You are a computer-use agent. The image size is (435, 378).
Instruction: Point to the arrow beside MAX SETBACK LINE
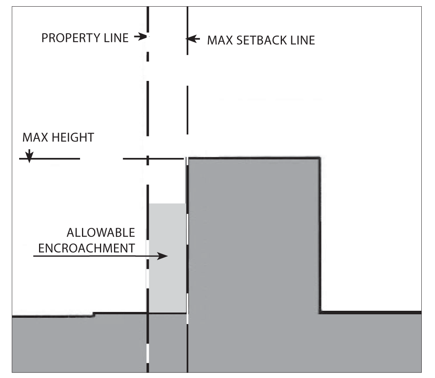point(193,39)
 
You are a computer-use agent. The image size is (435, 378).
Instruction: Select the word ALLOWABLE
point(101,233)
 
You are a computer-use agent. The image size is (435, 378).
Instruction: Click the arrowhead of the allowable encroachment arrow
point(164,256)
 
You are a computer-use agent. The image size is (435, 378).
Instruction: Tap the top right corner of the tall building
point(319,158)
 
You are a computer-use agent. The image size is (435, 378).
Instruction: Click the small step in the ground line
point(94,314)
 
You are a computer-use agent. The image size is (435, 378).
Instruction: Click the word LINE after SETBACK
point(301,40)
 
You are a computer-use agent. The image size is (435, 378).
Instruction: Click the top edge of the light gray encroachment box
point(167,204)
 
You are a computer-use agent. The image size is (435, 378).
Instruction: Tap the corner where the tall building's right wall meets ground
point(320,312)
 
